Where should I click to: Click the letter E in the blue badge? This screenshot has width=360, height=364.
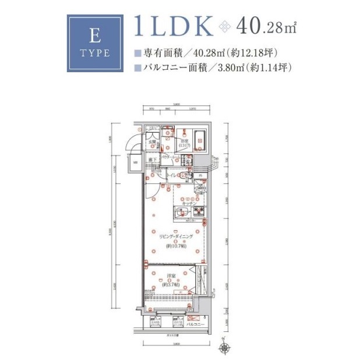pyautogui.click(x=94, y=37)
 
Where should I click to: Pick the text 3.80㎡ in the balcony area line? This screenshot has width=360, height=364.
pyautogui.click(x=228, y=68)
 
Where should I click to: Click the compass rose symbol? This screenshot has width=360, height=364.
pyautogui.click(x=225, y=348)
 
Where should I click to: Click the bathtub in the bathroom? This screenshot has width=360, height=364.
pyautogui.click(x=199, y=140)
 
